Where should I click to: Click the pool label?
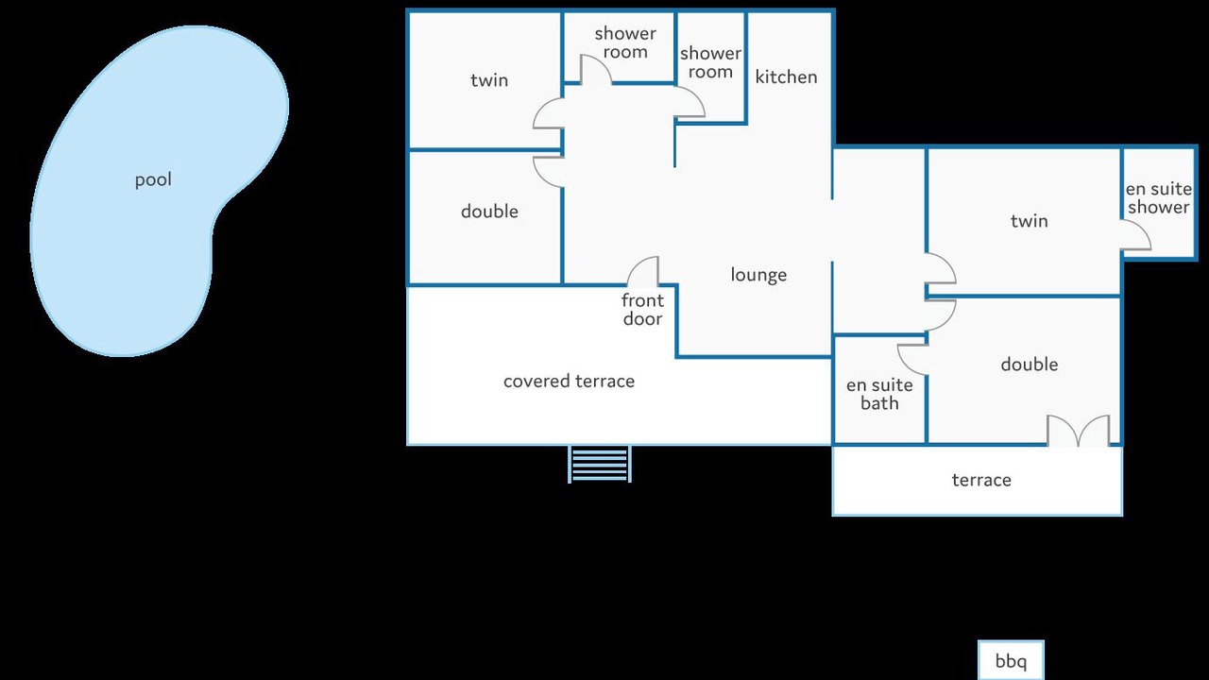(153, 180)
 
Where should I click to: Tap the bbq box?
(1011, 660)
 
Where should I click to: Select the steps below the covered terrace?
(599, 464)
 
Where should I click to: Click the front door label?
(642, 310)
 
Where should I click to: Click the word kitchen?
(786, 77)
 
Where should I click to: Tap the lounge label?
(758, 275)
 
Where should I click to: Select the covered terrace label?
(569, 382)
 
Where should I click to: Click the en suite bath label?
(879, 394)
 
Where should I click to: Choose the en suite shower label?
(1158, 198)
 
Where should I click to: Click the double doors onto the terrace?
(1079, 431)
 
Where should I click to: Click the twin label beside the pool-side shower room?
(489, 80)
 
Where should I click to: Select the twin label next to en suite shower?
(1029, 221)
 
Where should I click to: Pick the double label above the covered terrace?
(489, 212)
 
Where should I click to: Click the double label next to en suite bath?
(1029, 365)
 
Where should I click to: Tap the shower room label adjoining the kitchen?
(710, 62)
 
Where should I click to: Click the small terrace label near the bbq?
(981, 481)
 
